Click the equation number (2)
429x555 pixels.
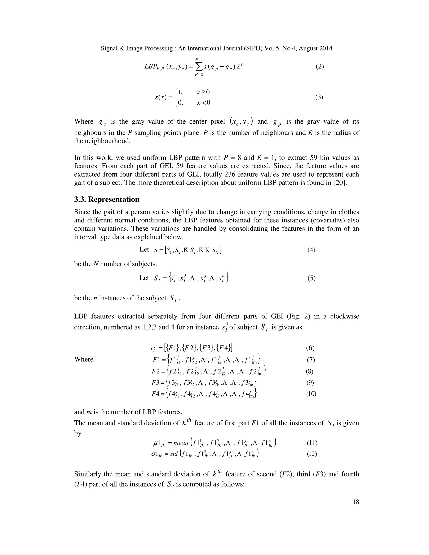(320, 67)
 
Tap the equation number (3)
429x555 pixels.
(319, 97)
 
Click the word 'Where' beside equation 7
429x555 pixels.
(84, 359)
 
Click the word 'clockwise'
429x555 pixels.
(345, 316)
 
